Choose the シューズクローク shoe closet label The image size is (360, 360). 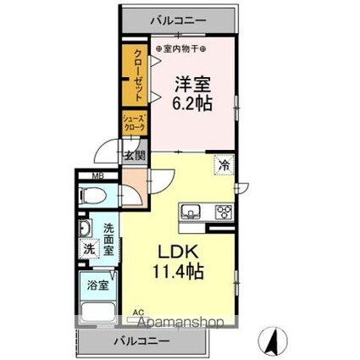[134, 122]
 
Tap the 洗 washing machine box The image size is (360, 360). [89, 249]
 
